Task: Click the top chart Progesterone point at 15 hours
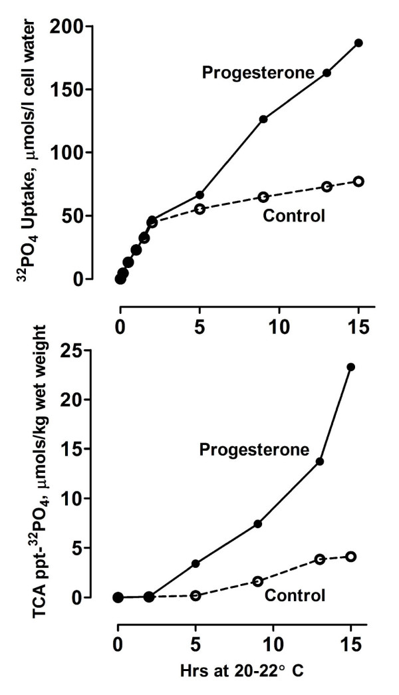(358, 43)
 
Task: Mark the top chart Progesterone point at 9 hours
(263, 119)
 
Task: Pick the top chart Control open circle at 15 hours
(358, 182)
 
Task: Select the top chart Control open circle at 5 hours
(199, 209)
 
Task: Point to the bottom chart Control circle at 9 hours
(258, 581)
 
